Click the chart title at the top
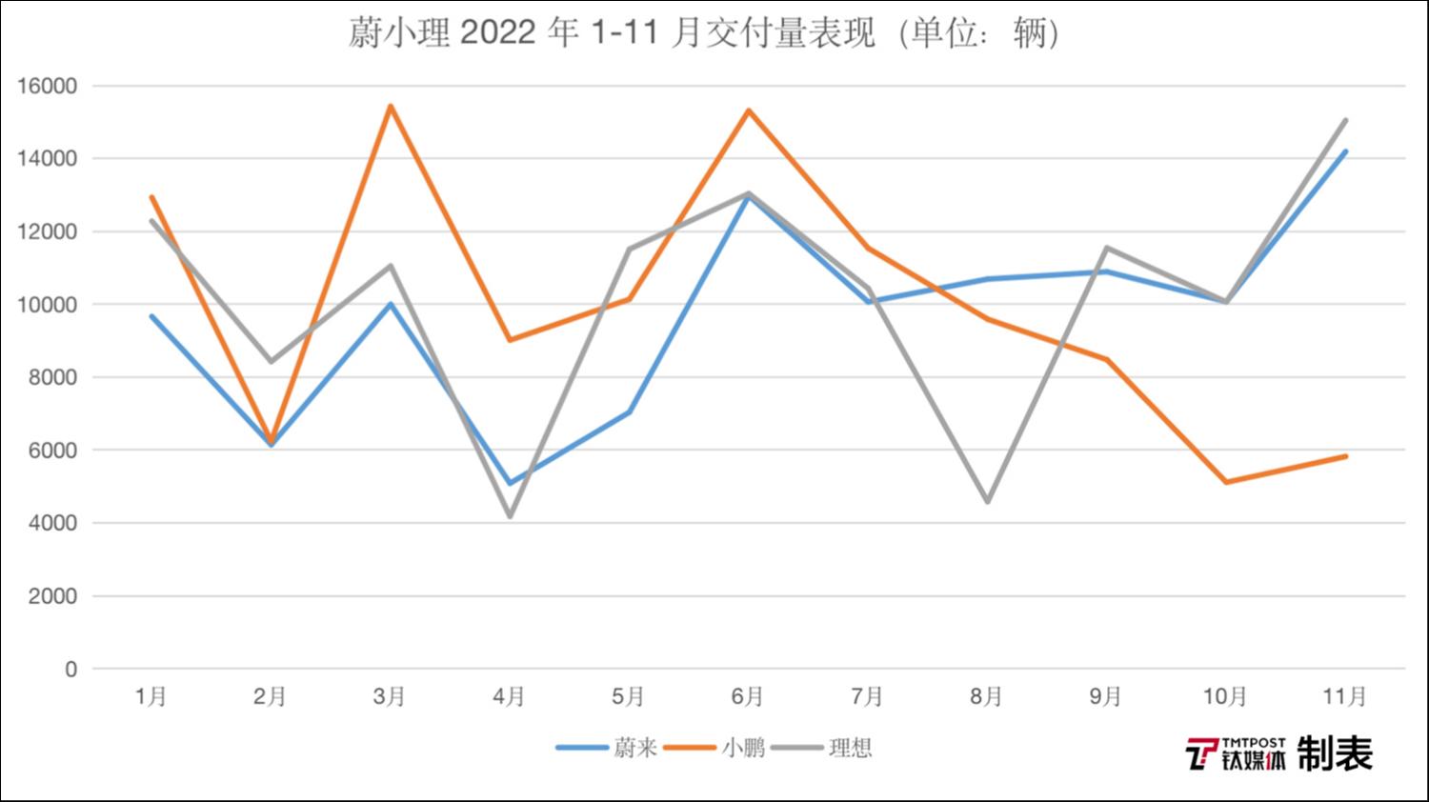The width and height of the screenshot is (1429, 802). coord(703,34)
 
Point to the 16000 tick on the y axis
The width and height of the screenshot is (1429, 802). coord(47,87)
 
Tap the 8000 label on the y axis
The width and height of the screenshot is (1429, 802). coord(50,378)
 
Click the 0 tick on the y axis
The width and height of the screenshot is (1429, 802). coord(70,670)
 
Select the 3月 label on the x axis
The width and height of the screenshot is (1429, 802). coord(390,697)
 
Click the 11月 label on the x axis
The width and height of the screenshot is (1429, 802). coord(1344,697)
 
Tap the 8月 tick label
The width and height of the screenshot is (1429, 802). coord(986,697)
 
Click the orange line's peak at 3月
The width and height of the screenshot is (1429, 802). coord(391,106)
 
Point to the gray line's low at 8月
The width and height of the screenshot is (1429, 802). coord(987,502)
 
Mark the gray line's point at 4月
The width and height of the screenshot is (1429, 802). coord(510,516)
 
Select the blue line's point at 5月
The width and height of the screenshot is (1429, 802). coord(629,412)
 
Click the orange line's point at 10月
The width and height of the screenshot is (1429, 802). coord(1225,482)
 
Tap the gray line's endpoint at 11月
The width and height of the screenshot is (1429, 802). coord(1345,121)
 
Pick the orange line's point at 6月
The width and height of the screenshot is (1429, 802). coord(749,110)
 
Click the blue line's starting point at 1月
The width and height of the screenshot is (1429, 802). coord(151,316)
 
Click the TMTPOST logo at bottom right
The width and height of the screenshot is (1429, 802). coord(1236,753)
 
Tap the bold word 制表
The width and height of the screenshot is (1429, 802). coord(1335,753)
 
